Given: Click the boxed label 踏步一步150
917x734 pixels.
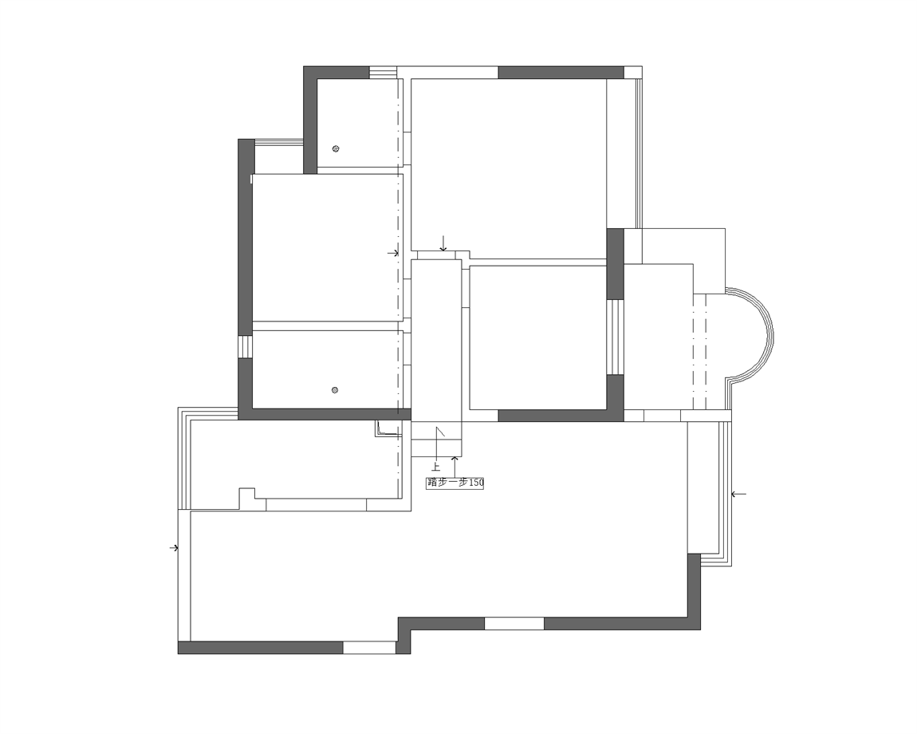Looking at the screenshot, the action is click(455, 483).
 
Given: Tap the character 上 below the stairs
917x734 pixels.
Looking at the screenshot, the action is click(435, 467).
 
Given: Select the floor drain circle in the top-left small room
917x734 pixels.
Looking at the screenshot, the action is click(336, 148).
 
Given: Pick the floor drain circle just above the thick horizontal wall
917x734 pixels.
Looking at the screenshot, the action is click(335, 390).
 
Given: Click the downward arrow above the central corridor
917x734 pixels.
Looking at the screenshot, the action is click(443, 243).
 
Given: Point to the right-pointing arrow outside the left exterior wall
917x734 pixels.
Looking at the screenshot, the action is click(174, 548).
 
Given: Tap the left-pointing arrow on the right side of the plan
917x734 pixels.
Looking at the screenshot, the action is click(738, 495).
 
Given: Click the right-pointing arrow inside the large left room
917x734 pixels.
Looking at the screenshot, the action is click(393, 253).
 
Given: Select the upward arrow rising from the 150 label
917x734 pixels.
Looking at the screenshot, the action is click(455, 466).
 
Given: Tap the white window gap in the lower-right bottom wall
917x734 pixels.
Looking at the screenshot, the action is click(514, 623).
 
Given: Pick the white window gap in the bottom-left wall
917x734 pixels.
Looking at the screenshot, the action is click(369, 647).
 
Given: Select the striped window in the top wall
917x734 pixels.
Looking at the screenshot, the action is click(383, 72).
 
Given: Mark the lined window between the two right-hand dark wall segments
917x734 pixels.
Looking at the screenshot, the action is click(615, 337).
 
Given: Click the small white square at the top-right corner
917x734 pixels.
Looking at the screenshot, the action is click(633, 72).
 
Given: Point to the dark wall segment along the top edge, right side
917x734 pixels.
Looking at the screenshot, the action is click(561, 72).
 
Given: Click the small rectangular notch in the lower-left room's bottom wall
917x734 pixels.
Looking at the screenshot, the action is click(247, 498).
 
